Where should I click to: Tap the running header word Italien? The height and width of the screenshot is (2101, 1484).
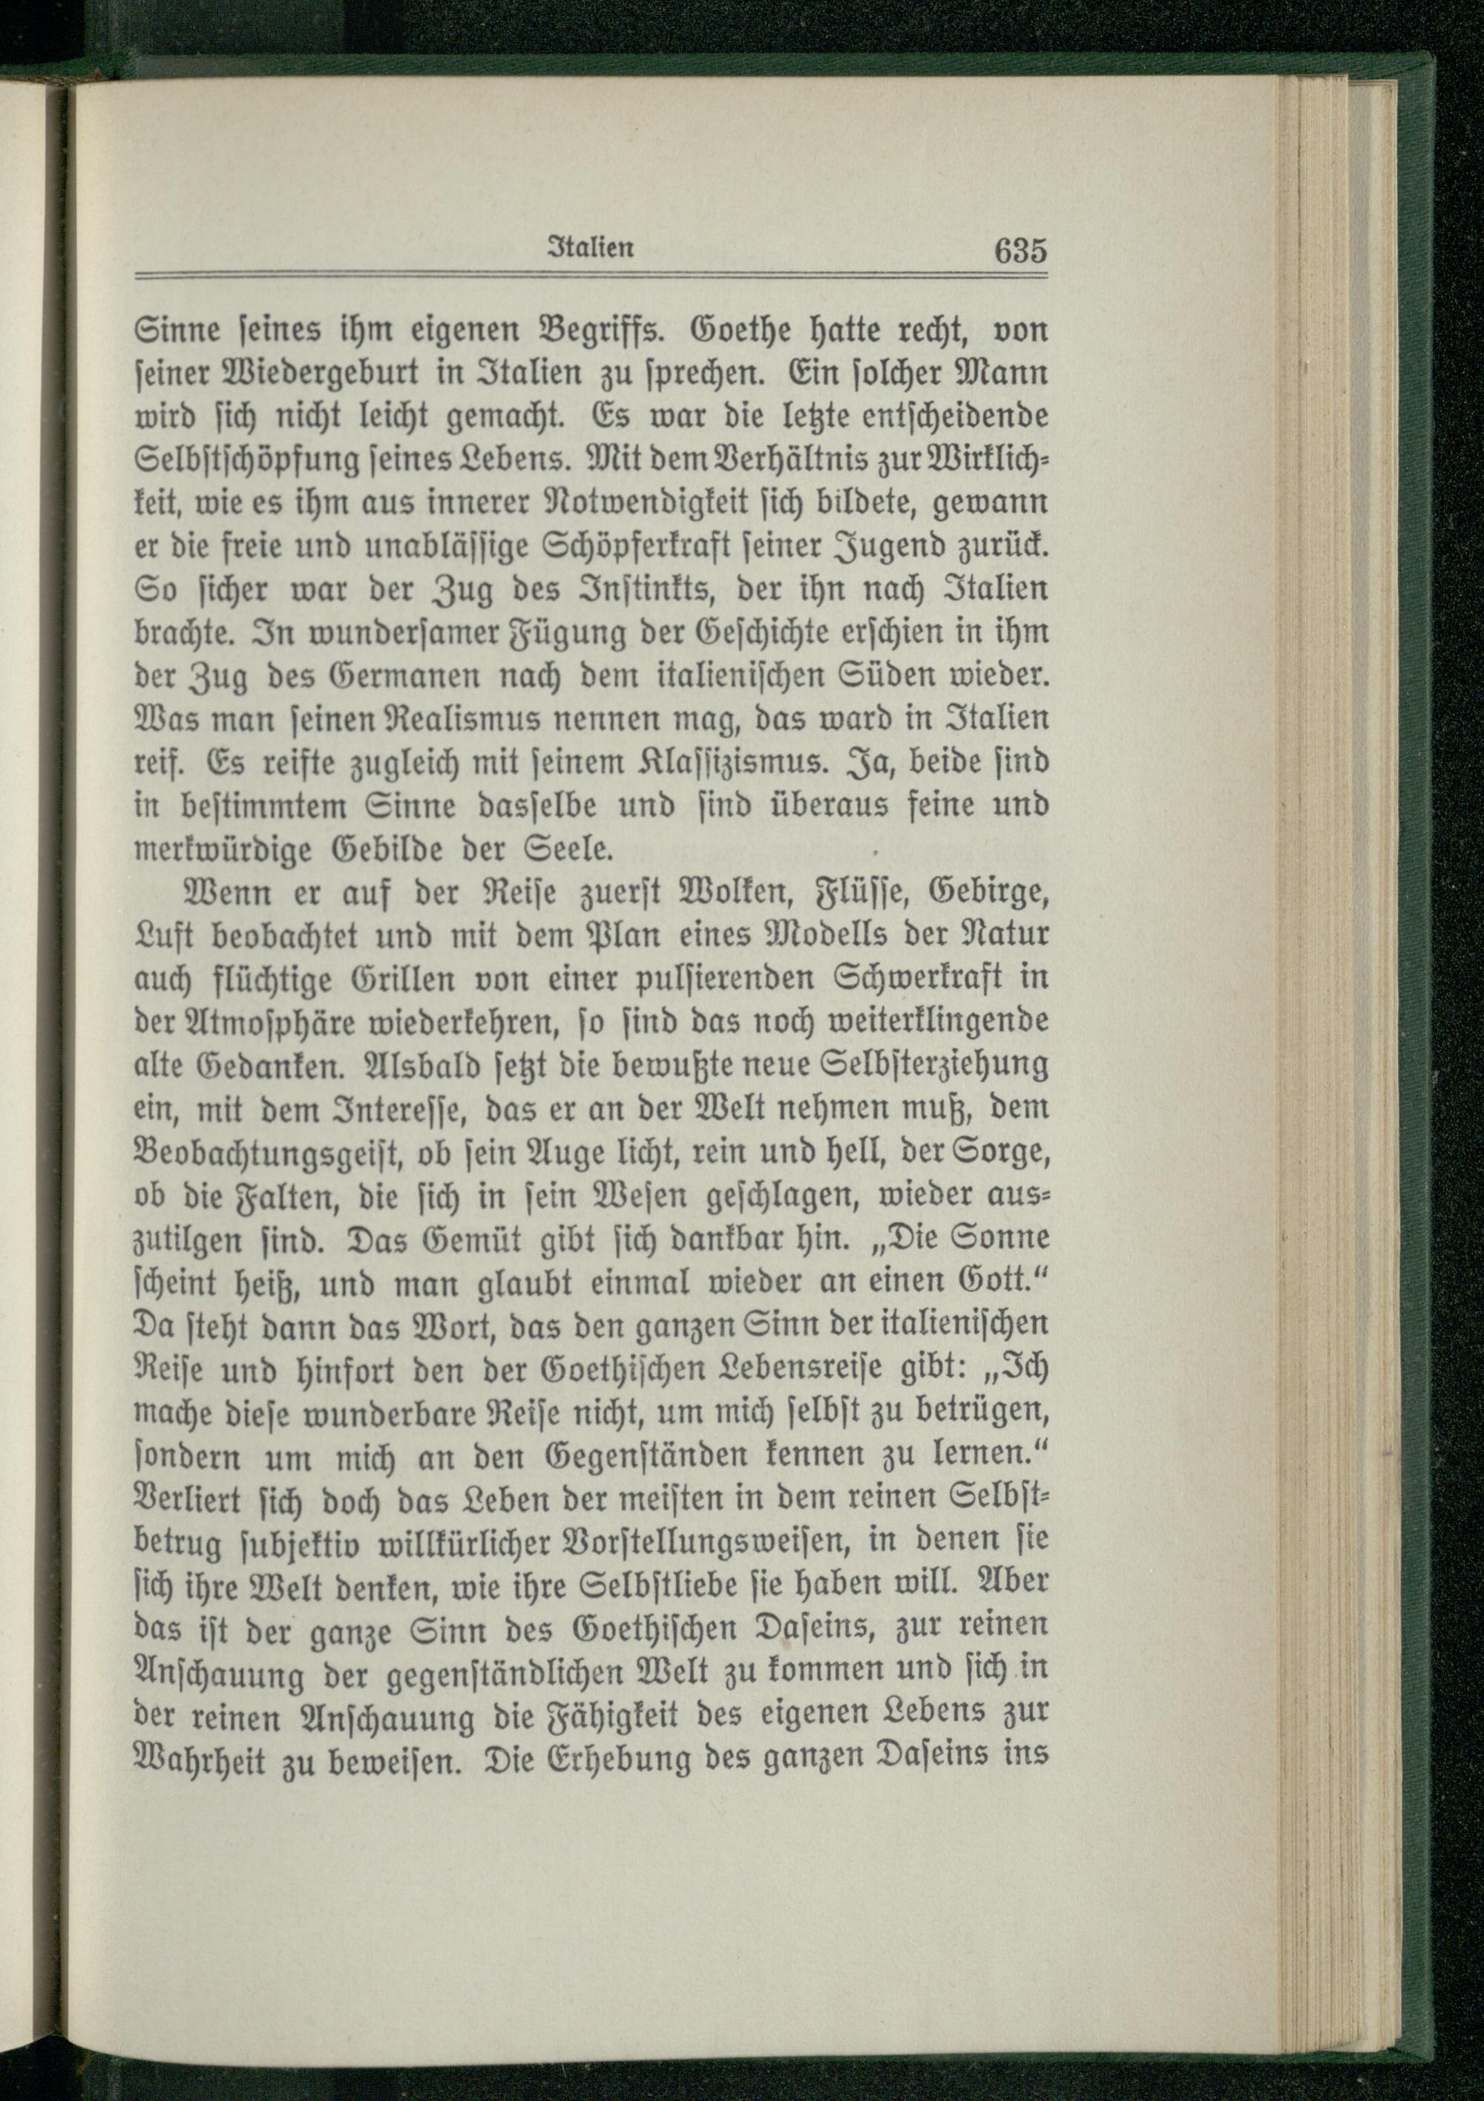click(x=592, y=250)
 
